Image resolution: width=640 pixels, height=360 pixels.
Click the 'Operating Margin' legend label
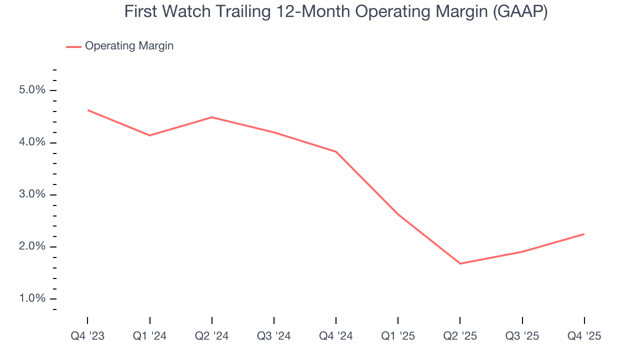(x=129, y=46)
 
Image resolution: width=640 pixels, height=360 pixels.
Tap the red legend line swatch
(x=73, y=46)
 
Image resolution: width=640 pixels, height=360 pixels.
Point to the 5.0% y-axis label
(x=32, y=90)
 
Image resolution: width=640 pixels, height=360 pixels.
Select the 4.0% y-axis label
(x=32, y=142)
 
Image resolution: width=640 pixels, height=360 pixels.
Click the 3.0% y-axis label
(x=32, y=194)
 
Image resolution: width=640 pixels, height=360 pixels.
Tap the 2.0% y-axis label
(x=32, y=246)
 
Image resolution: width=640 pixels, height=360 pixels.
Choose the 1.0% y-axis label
(x=32, y=298)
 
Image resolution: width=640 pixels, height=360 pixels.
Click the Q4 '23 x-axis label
(x=87, y=336)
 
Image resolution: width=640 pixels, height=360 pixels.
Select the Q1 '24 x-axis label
(x=149, y=336)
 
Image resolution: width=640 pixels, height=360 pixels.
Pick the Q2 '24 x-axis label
(x=211, y=336)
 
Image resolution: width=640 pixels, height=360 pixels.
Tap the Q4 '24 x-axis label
(x=336, y=336)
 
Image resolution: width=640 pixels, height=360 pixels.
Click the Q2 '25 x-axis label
(x=460, y=336)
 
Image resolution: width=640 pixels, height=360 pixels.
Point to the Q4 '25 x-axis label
(x=584, y=336)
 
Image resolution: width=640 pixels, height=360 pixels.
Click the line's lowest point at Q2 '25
(x=460, y=263)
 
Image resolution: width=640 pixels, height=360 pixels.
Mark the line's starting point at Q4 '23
(x=88, y=110)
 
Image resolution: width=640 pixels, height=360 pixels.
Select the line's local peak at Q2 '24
(x=212, y=117)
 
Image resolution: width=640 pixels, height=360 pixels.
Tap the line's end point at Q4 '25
(x=584, y=234)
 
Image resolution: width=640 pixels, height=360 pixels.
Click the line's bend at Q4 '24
(x=336, y=151)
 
